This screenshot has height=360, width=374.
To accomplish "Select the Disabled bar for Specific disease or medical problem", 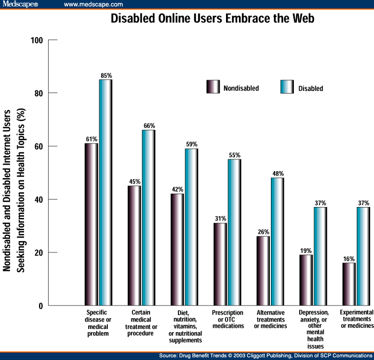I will [105, 193].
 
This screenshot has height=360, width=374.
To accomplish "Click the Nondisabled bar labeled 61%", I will [91, 224].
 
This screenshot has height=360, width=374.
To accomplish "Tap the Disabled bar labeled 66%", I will [149, 218].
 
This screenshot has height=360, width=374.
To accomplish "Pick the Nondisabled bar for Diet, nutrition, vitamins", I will [177, 249].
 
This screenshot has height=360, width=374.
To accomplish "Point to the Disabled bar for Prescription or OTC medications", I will [235, 232].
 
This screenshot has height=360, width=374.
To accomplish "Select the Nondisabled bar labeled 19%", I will [306, 280].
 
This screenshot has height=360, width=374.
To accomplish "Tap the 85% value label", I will [105, 74].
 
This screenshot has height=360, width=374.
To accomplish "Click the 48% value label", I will [277, 173].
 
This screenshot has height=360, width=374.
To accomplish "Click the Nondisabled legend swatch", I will [213, 87].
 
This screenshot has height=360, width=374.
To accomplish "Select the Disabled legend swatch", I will [287, 87].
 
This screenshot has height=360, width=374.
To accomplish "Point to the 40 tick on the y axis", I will [38, 200].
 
